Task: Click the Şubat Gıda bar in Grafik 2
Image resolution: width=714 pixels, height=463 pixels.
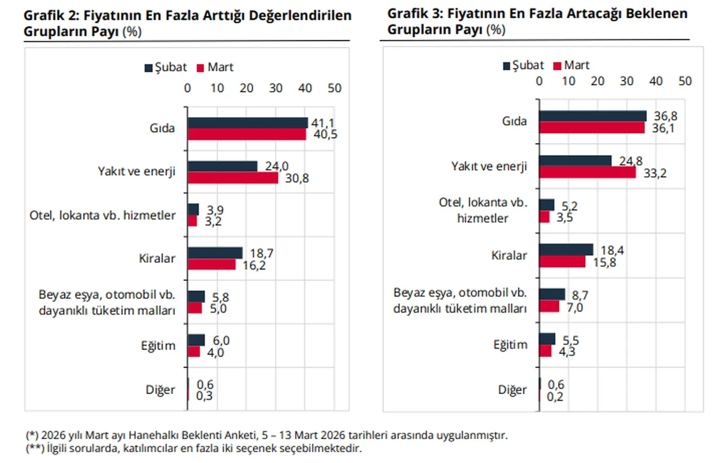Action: tap(247, 123)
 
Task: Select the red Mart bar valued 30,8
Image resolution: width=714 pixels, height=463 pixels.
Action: tap(233, 178)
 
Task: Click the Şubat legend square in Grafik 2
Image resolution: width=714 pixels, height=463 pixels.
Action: tap(148, 68)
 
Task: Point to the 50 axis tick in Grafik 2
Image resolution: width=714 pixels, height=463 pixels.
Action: tap(334, 88)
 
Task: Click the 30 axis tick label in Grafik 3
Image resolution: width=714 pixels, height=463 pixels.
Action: tap(626, 81)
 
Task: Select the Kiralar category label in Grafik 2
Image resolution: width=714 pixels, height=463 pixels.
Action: tap(157, 258)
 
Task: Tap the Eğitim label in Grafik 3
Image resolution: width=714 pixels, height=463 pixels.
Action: tap(509, 344)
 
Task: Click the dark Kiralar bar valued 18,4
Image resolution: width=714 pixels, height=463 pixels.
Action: tap(566, 250)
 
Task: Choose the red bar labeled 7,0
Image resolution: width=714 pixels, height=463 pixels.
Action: tap(549, 306)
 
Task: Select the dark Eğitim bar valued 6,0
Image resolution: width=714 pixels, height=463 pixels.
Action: tap(196, 340)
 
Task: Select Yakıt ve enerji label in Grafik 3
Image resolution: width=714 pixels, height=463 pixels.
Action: tap(489, 166)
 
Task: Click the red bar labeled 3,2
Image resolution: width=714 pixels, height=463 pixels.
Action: tap(192, 221)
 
